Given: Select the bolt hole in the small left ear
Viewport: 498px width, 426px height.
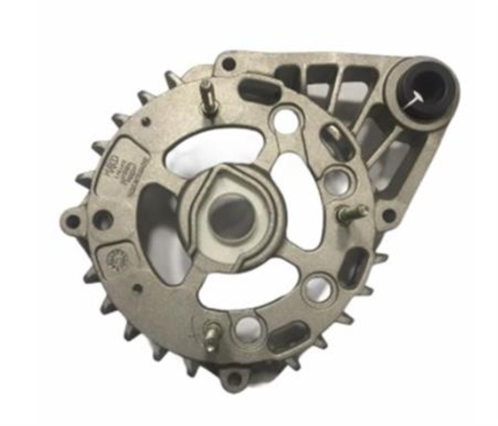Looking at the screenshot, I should pos(73,221).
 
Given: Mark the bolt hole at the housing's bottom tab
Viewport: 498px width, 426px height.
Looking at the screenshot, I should pos(235,377).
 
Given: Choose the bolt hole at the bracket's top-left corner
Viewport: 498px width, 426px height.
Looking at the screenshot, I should pos(228,64).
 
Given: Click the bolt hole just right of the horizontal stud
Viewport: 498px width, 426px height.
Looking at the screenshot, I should pos(388,214).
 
